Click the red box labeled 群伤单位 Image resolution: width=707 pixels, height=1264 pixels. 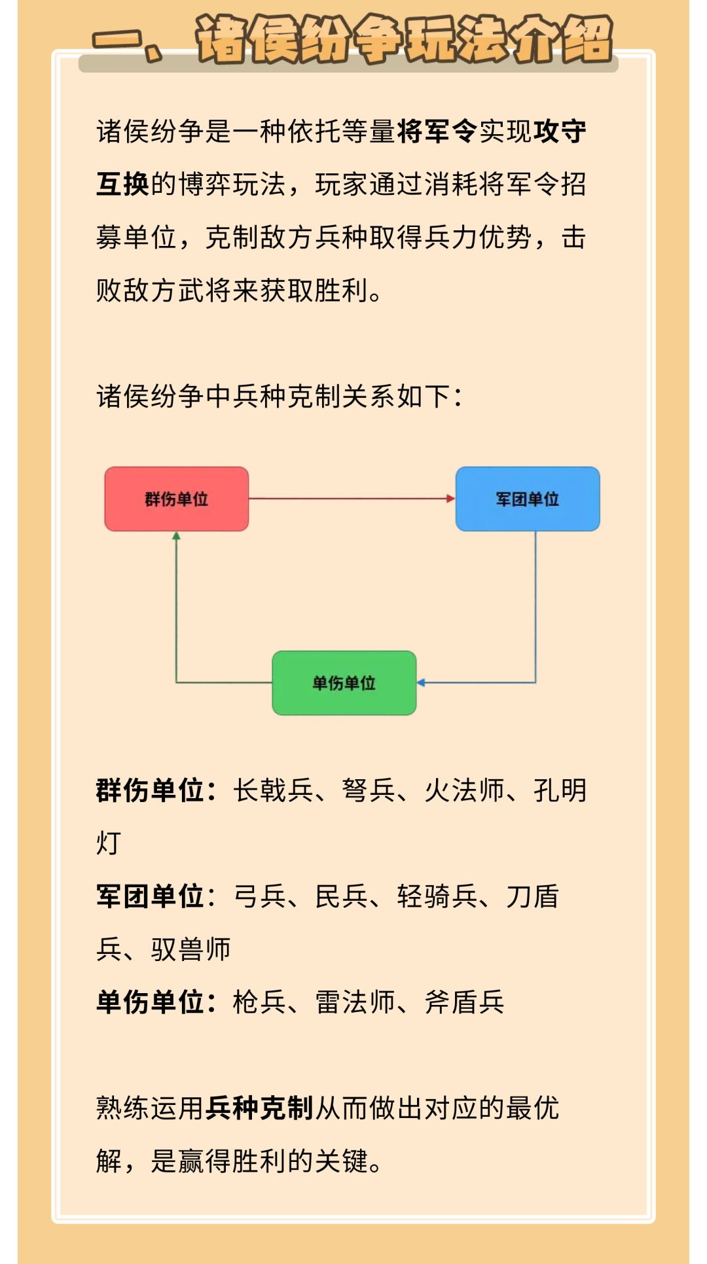(177, 499)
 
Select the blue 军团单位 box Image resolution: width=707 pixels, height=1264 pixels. (528, 499)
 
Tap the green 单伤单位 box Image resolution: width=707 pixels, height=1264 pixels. (344, 683)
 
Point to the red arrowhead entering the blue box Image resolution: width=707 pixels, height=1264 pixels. (451, 499)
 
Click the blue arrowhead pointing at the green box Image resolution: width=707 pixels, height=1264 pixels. (421, 683)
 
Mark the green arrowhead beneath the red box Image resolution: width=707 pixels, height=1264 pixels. (176, 536)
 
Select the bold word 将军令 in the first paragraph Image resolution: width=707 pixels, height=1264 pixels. (437, 132)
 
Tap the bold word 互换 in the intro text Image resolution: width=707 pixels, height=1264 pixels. (123, 184)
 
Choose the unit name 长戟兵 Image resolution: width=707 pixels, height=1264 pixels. (274, 790)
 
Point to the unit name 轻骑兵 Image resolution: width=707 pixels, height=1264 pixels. (437, 896)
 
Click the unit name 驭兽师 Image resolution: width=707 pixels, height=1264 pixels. (190, 949)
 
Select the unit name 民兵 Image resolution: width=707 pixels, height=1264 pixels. (342, 896)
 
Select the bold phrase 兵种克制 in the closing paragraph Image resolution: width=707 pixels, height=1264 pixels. (259, 1108)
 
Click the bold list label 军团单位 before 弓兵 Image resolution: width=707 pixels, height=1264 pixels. (150, 896)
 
